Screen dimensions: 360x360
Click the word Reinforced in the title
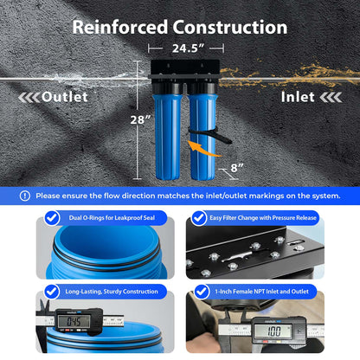[x=120, y=27]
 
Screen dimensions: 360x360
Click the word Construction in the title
[x=230, y=27]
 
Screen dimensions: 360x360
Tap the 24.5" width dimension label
[x=188, y=48]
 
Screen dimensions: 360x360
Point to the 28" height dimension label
[x=140, y=119]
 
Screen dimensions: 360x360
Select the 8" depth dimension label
[x=237, y=168]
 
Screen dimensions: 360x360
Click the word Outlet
[x=65, y=97]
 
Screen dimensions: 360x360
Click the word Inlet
[x=298, y=97]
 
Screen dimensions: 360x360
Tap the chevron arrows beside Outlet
[x=29, y=98]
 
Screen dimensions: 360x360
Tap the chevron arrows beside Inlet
[x=331, y=98]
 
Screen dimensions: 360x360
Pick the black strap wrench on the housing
[x=210, y=135]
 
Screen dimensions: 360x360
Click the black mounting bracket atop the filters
[x=184, y=70]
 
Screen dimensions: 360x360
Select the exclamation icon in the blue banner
[x=25, y=196]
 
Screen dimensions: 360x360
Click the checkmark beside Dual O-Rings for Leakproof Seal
[x=52, y=218]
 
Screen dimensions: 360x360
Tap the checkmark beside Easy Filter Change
[x=199, y=218]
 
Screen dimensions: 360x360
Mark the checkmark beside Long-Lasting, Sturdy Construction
[x=52, y=292]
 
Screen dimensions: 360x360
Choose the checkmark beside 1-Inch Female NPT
[x=202, y=292]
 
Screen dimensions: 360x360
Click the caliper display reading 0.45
[x=74, y=321]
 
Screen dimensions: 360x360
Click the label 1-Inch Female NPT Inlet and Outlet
[x=262, y=292]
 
